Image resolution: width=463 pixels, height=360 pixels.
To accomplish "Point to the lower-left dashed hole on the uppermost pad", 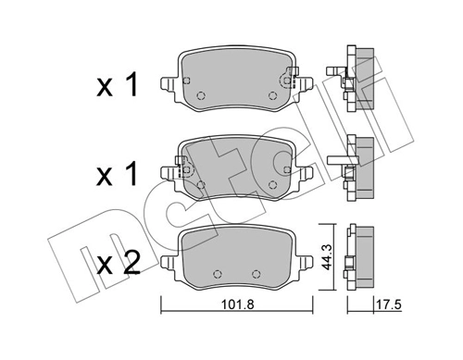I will (x=201, y=96).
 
